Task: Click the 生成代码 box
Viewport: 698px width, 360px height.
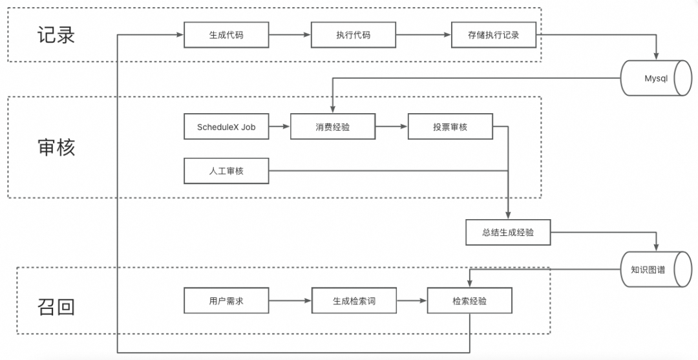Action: point(226,35)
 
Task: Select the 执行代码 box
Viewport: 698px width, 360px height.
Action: point(353,35)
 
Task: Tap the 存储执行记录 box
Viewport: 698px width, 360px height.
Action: point(494,35)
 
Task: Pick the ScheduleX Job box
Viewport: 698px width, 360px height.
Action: point(226,127)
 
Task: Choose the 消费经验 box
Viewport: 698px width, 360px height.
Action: point(332,127)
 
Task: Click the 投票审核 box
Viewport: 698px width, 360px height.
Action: point(450,127)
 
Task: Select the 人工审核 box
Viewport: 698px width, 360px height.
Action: point(226,171)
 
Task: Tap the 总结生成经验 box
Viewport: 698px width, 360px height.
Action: point(508,232)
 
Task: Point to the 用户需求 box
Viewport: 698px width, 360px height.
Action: point(226,301)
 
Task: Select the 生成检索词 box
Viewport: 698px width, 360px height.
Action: point(354,301)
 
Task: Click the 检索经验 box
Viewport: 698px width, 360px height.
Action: point(469,301)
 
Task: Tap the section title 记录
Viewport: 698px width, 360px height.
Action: point(56,34)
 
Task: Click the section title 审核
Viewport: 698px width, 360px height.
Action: point(56,147)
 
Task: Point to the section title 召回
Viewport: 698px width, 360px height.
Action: point(56,306)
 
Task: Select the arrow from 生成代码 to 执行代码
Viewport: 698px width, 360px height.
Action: point(290,35)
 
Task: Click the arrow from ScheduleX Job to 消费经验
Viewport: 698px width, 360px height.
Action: point(279,127)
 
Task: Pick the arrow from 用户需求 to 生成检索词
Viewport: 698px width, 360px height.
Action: point(290,301)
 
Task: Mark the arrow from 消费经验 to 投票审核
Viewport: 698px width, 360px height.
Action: point(391,127)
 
